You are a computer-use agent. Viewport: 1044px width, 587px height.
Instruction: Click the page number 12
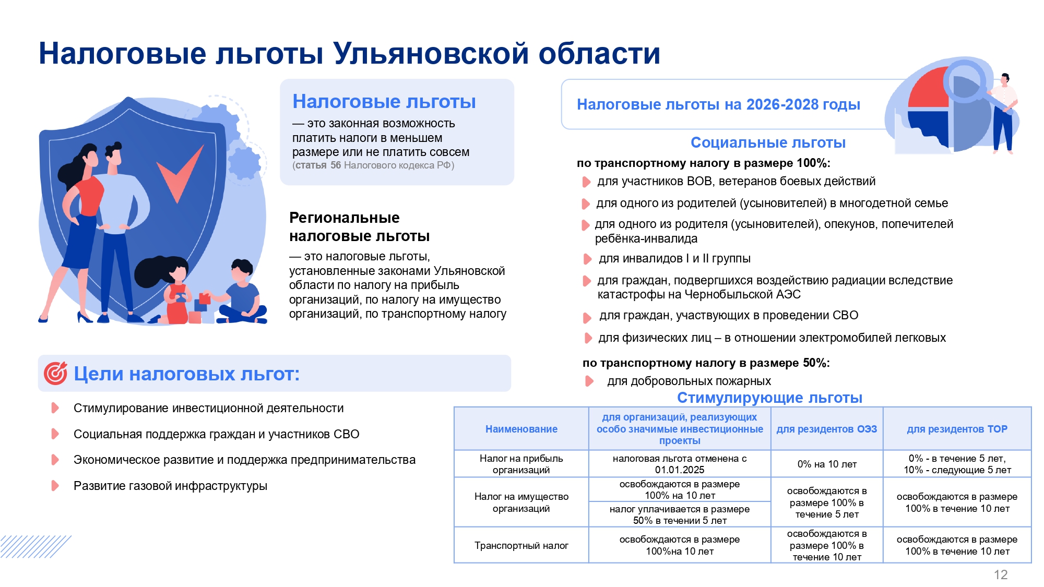pos(1000,574)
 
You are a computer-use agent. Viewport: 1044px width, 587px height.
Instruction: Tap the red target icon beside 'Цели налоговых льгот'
pos(55,373)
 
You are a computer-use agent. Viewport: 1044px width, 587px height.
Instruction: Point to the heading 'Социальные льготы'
pos(767,142)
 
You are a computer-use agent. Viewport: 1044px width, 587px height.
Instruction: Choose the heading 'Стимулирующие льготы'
pos(769,398)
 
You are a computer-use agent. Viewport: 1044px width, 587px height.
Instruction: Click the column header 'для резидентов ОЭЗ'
pos(826,429)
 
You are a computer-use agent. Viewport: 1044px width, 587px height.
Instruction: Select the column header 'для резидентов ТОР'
pos(957,429)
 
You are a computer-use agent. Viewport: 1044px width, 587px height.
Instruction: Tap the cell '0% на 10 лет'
pos(826,464)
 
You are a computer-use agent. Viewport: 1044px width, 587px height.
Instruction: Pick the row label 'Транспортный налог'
pos(521,545)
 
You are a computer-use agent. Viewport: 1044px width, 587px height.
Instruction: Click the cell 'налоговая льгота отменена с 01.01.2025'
pos(679,464)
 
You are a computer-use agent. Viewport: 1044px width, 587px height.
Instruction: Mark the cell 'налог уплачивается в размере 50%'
pos(679,514)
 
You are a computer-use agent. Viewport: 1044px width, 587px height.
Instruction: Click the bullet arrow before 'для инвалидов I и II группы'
pos(587,259)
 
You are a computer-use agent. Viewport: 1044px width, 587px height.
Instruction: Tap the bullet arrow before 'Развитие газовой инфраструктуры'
pos(55,486)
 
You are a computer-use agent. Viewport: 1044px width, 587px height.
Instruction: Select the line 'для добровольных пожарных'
pos(689,381)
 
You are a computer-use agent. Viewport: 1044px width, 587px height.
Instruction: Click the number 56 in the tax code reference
pos(335,165)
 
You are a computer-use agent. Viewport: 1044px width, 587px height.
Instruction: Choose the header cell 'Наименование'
pos(521,429)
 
